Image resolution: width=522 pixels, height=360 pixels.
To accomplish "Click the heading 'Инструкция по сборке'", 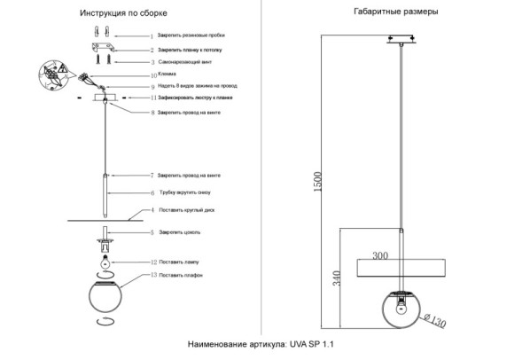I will pyautogui.click(x=122, y=14).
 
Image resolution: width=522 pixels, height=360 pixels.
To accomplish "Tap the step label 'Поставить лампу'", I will pyautogui.click(x=181, y=263).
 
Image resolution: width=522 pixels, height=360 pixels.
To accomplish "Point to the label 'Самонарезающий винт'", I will pyautogui.click(x=183, y=63).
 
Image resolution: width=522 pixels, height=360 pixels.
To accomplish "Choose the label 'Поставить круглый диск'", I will pyautogui.click(x=186, y=210).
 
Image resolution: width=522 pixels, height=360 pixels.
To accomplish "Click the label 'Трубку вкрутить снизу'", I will pyautogui.click(x=185, y=192).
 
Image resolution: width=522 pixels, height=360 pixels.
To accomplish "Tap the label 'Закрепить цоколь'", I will pyautogui.click(x=180, y=232).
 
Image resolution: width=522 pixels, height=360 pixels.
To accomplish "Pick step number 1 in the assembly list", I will pyautogui.click(x=152, y=36).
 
